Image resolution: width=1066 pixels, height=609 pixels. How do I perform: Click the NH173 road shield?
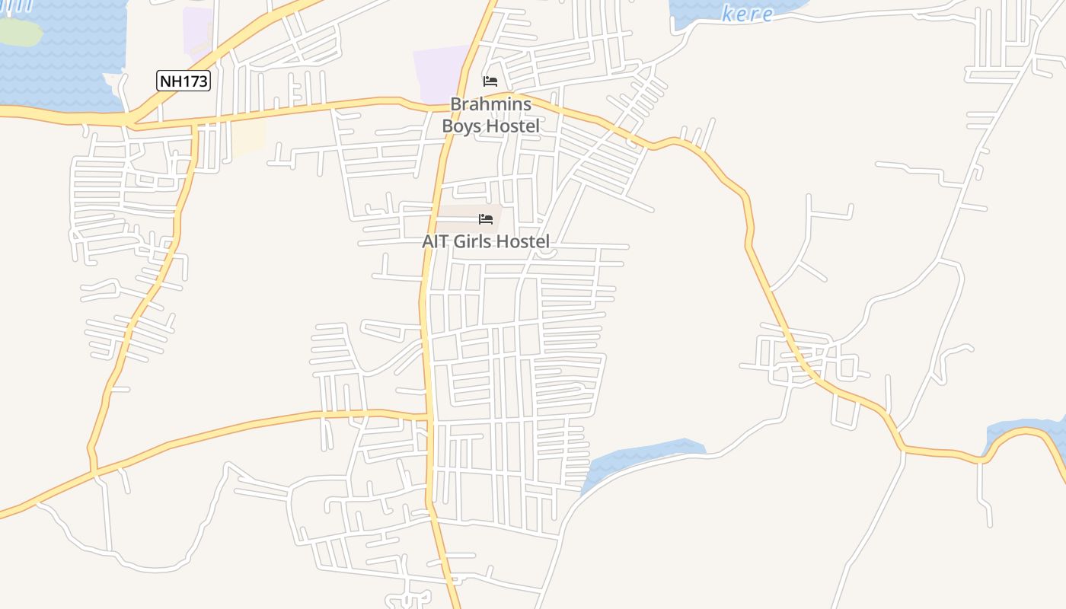[184, 81]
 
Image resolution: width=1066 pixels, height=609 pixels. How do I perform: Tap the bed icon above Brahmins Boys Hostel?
[490, 81]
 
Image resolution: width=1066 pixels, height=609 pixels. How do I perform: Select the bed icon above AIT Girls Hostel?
[486, 219]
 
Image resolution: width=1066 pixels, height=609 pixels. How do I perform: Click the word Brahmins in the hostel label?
[491, 104]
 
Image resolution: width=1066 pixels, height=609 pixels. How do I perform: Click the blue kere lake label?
[748, 14]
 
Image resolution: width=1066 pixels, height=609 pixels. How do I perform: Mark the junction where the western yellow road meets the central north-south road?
[429, 418]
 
